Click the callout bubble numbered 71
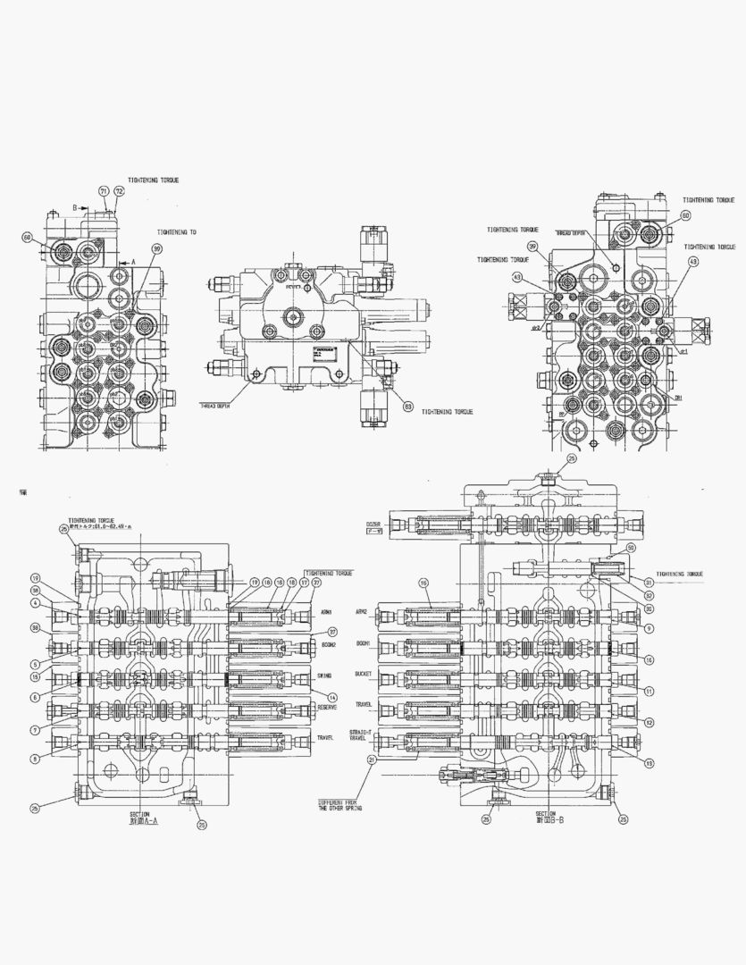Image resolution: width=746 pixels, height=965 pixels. (103, 192)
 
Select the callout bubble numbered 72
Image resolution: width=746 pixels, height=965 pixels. (119, 192)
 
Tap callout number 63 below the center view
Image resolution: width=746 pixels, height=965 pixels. (407, 407)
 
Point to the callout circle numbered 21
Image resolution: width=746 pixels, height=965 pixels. (370, 759)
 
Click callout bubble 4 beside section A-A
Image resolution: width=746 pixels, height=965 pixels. (35, 603)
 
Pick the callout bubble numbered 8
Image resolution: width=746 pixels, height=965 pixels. (35, 759)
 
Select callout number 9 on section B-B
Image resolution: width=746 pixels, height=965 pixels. (650, 628)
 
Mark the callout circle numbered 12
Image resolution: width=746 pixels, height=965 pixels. (650, 722)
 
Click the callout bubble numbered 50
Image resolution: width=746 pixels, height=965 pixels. (630, 548)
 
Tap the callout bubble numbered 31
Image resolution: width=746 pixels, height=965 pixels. (650, 582)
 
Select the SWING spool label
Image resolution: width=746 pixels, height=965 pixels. (323, 675)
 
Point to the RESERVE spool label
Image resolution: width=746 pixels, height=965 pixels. (326, 708)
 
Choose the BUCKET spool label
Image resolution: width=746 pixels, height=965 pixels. (388, 675)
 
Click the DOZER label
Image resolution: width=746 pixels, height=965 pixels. (373, 524)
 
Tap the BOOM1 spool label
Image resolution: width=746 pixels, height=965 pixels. (387, 643)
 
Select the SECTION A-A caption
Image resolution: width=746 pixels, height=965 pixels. (138, 818)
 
